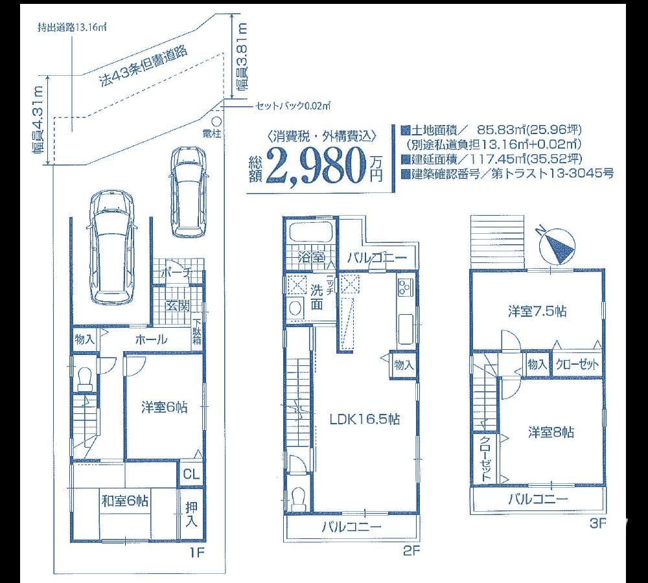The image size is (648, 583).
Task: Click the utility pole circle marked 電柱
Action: (x=216, y=120)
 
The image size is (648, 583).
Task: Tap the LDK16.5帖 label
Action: (x=364, y=419)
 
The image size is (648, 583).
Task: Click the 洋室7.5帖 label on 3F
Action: (x=537, y=312)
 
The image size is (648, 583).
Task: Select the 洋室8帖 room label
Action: (x=550, y=432)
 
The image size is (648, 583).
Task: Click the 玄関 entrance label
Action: (x=176, y=306)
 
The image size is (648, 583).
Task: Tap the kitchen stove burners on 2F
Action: (x=406, y=288)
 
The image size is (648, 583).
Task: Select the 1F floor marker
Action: (x=197, y=552)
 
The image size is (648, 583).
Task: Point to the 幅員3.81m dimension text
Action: (x=242, y=59)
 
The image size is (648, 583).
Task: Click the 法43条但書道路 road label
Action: (x=143, y=67)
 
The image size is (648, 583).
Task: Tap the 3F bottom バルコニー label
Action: (x=537, y=499)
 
